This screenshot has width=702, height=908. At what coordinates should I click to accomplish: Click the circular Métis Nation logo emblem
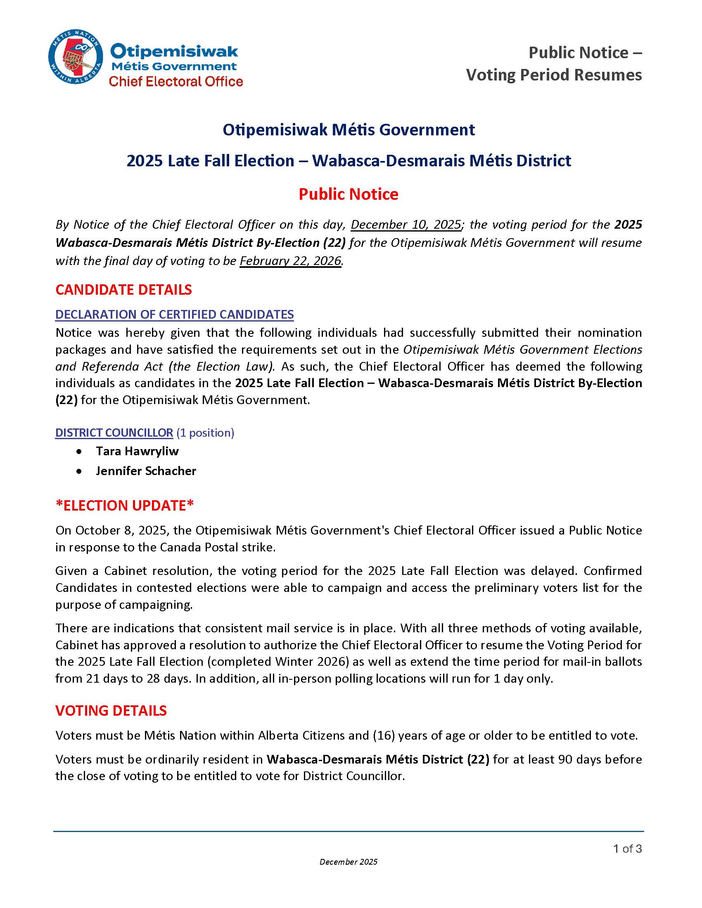click(75, 57)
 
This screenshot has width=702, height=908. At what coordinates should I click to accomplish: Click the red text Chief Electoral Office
click(175, 81)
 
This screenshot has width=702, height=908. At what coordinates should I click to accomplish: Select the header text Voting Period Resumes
click(553, 75)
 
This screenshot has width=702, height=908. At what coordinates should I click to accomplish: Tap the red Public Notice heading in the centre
click(349, 194)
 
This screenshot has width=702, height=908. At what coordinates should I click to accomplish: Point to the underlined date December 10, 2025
click(406, 225)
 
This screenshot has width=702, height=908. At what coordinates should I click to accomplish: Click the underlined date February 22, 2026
click(290, 261)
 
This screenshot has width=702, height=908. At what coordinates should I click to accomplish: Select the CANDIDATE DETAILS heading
click(123, 290)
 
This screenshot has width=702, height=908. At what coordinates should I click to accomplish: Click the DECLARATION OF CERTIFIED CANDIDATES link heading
click(174, 314)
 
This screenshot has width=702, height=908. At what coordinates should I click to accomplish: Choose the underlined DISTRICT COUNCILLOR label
click(114, 433)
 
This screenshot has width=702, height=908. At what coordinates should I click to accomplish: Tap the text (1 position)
click(206, 433)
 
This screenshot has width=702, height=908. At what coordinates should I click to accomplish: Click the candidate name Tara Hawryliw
click(137, 451)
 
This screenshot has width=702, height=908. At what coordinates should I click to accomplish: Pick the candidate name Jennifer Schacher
click(146, 471)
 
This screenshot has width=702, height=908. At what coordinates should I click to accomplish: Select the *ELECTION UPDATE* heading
click(125, 506)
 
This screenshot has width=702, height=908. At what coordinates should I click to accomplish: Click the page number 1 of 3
click(627, 849)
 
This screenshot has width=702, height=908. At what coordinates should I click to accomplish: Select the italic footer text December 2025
click(349, 862)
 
